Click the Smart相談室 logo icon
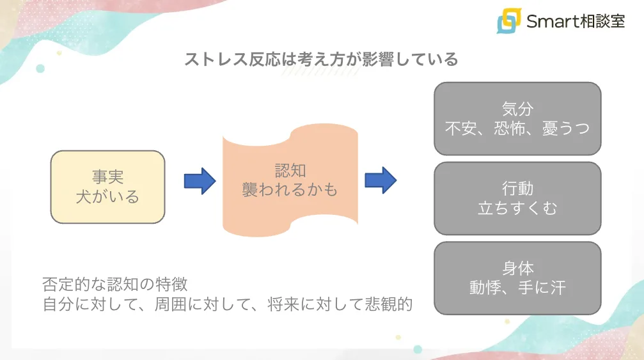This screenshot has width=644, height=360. pyautogui.click(x=509, y=21)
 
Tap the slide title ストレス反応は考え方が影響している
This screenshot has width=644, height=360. pyautogui.click(x=322, y=59)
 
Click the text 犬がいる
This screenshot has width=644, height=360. pyautogui.click(x=107, y=196)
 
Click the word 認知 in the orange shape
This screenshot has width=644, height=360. pyautogui.click(x=290, y=171)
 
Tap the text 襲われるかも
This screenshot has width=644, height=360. pyautogui.click(x=290, y=190)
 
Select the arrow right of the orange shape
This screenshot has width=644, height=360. pyautogui.click(x=381, y=180)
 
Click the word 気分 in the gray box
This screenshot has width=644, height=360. pyautogui.click(x=517, y=109)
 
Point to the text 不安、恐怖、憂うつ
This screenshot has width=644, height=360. pyautogui.click(x=517, y=129)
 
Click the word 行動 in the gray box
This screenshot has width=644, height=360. pyautogui.click(x=517, y=189)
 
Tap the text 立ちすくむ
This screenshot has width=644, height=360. pyautogui.click(x=517, y=208)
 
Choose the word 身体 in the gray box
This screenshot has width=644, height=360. pyautogui.click(x=517, y=269)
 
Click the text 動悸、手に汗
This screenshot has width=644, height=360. pyautogui.click(x=517, y=288)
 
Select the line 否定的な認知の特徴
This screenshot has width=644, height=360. pyautogui.click(x=115, y=283)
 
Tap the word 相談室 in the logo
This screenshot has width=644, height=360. pyautogui.click(x=599, y=22)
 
